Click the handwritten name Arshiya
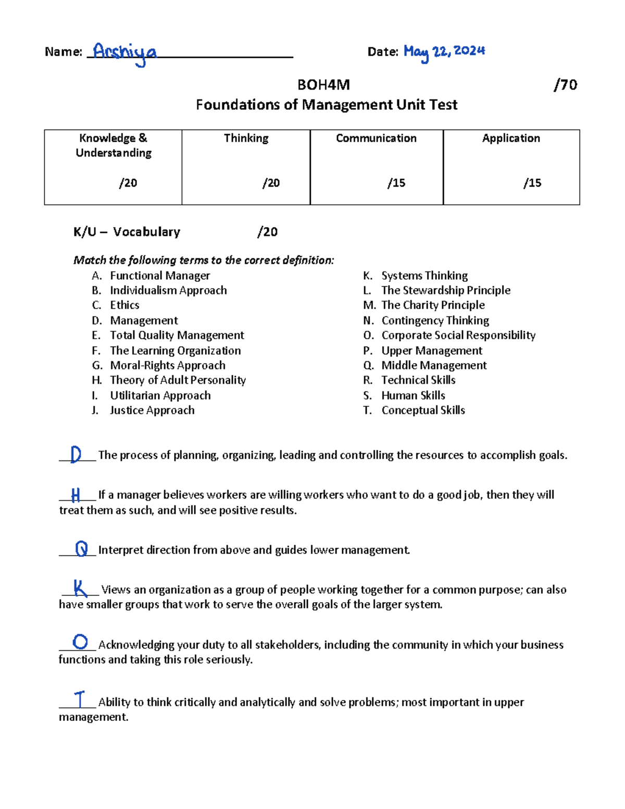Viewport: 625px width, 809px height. tap(124, 53)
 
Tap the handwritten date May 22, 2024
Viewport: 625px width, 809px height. tap(444, 52)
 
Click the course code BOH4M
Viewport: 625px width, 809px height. tap(323, 85)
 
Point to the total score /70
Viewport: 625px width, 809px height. tap(565, 85)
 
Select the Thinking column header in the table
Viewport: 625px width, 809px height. tap(246, 138)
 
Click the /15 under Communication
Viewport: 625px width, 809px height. tap(396, 183)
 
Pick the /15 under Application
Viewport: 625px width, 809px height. tap(532, 183)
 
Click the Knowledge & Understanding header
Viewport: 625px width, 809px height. tap(114, 145)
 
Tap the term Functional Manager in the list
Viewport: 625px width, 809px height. tap(160, 276)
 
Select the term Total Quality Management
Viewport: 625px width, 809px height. tap(177, 335)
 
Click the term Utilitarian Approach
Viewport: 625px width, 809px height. tap(160, 395)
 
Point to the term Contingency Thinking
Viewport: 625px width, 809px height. tap(435, 320)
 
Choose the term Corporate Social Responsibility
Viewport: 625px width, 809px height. tap(458, 335)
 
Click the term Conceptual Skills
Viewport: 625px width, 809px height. tap(423, 410)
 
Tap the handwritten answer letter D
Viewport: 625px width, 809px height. tap(76, 454)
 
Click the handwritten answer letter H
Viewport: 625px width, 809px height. tap(76, 494)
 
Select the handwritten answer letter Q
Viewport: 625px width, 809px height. tap(81, 549)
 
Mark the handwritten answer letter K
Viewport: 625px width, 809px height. tap(80, 588)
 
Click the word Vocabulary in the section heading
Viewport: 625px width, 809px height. tap(146, 232)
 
